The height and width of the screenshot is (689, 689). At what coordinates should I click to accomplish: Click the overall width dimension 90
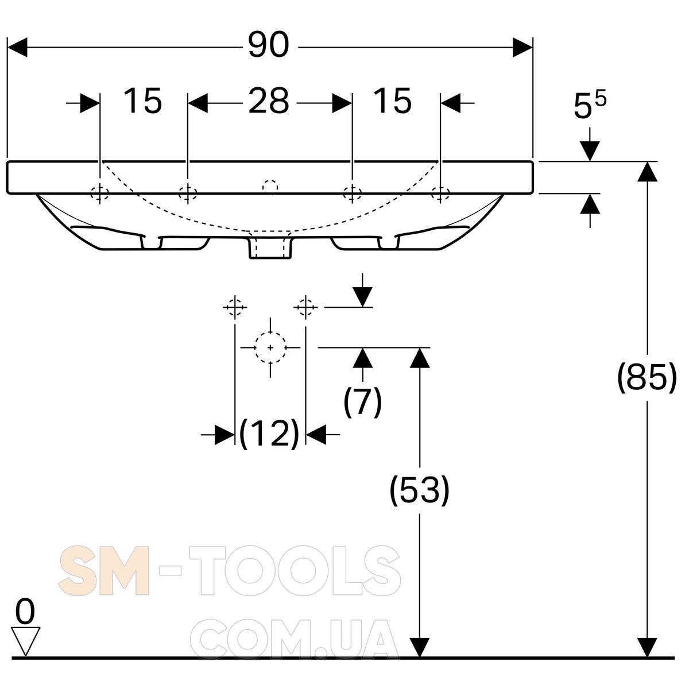pyautogui.click(x=269, y=45)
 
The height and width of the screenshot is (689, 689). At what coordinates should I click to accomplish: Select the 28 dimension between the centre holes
pyautogui.click(x=269, y=101)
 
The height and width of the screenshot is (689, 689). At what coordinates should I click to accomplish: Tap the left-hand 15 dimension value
pyautogui.click(x=142, y=101)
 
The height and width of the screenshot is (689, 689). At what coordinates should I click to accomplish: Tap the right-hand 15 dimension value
pyautogui.click(x=392, y=101)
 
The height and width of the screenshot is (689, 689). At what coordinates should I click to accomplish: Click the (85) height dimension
pyautogui.click(x=647, y=378)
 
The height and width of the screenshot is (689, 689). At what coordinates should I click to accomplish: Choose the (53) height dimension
pyautogui.click(x=419, y=490)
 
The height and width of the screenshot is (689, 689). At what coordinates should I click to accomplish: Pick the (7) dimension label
pyautogui.click(x=362, y=401)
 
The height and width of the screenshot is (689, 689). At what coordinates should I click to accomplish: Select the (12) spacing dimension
pyautogui.click(x=269, y=433)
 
